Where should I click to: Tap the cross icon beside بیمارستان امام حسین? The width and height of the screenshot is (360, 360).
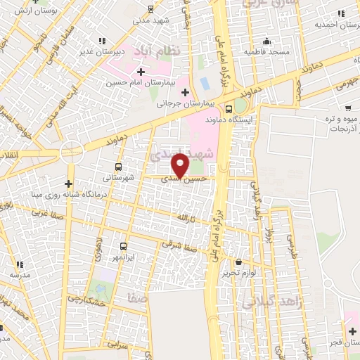click(x=141, y=72)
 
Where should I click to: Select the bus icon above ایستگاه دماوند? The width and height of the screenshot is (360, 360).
click(x=229, y=108)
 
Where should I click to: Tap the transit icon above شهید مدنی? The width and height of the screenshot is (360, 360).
click(x=151, y=8)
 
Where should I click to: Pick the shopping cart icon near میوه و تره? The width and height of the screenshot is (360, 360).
click(x=349, y=108)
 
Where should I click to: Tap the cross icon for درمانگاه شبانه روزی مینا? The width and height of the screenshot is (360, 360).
click(x=68, y=184)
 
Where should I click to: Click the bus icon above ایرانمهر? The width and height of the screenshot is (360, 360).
click(x=124, y=246)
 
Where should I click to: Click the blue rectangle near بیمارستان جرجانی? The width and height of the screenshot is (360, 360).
click(x=205, y=83)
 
